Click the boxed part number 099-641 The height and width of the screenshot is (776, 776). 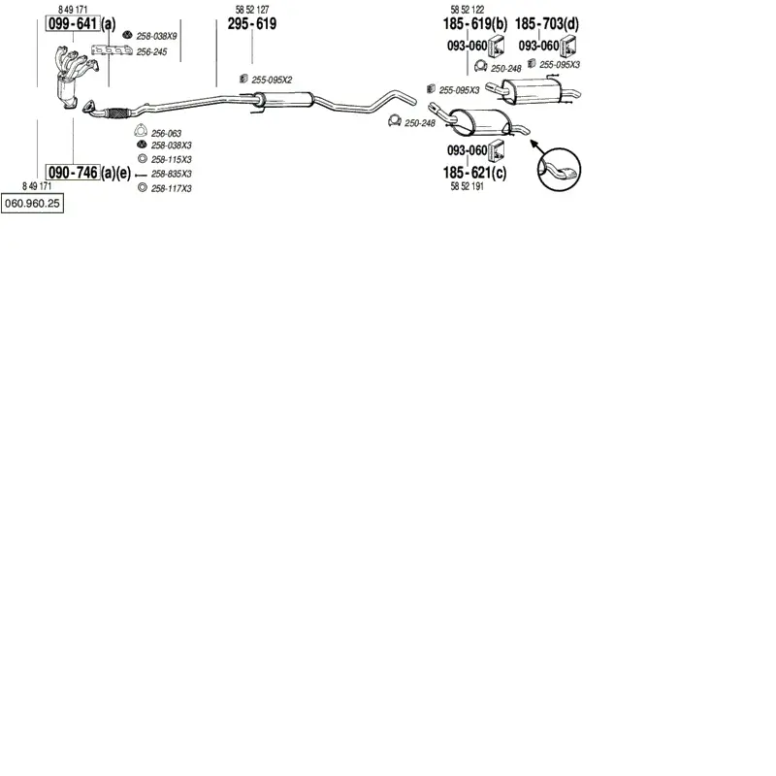pos(73,23)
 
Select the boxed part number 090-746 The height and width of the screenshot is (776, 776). pos(73,173)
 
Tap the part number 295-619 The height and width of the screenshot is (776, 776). pos(252,23)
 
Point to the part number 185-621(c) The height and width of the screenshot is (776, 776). pos(474,173)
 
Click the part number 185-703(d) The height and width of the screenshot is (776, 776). pos(547,23)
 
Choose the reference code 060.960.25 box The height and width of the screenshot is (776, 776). pos(32,204)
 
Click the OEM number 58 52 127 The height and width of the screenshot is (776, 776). pos(252,10)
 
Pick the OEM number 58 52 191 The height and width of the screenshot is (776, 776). pos(467,186)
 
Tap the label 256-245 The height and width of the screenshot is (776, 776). pos(151,52)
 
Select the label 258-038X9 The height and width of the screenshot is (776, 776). pos(156,36)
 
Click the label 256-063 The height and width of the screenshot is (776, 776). pos(166,133)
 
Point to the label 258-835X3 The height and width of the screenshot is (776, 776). pos(172,174)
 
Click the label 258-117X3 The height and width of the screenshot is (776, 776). pos(172,188)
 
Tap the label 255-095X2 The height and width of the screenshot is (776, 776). pos(272,80)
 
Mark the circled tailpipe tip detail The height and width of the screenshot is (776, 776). pos(559,169)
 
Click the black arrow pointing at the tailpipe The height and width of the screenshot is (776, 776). pos(537,147)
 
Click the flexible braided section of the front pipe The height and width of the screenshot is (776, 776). pos(117,113)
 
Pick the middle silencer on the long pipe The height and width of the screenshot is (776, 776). pos(284,100)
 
